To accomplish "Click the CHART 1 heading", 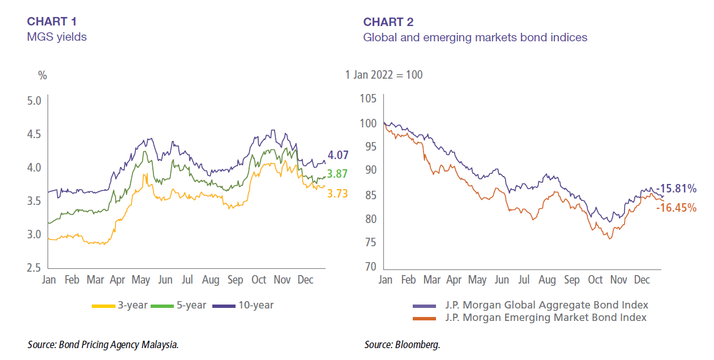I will coord(52,22).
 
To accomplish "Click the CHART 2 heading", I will coord(388,22).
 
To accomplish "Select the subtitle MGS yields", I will coord(57,37).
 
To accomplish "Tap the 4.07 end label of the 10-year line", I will coord(338,155).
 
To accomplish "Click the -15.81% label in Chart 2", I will coord(676,189).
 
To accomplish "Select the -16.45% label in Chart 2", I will coord(676,208).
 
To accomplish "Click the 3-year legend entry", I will coord(119,305).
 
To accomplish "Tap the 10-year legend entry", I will coord(243,305).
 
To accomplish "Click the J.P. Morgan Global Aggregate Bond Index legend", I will coord(531,305).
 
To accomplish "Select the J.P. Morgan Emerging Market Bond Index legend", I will coord(530,317).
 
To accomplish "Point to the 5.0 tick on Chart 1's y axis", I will coord(35,101).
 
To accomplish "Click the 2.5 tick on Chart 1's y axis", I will coord(35,268).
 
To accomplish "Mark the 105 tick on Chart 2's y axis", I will coord(368,98).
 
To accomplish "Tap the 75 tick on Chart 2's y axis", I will coord(370,243).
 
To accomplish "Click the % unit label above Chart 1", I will coord(42,75).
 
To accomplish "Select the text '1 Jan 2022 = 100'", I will coord(384,75).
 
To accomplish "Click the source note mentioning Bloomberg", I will coord(402,345).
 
